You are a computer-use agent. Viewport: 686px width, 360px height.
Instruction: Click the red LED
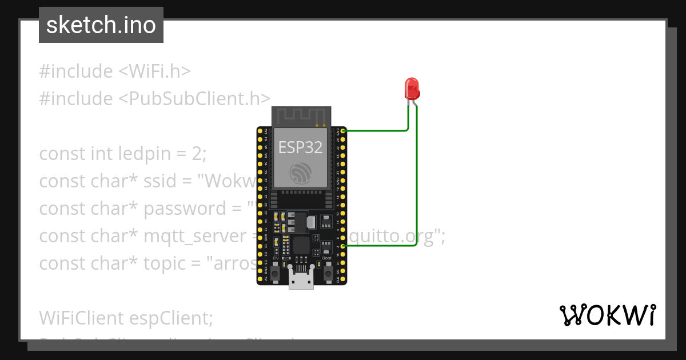tap(412, 89)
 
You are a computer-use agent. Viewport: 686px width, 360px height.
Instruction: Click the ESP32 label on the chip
tap(300, 147)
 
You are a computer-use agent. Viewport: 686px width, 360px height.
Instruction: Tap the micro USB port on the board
tap(301, 281)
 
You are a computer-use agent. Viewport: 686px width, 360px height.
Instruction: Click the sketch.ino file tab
tap(101, 25)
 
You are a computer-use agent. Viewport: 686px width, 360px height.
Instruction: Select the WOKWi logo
tap(608, 315)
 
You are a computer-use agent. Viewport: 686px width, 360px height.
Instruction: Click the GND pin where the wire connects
tap(343, 131)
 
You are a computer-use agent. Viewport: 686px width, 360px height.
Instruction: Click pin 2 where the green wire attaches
tap(343, 246)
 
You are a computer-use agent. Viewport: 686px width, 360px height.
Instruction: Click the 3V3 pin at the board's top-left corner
tap(260, 131)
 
